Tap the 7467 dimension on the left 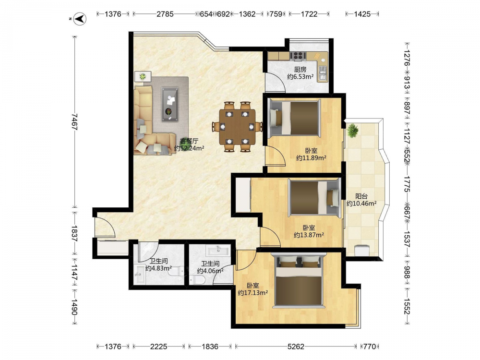click(74, 121)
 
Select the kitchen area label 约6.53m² click(300, 77)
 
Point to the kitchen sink click(323, 74)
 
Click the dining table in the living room click(237, 126)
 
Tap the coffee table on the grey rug click(169, 104)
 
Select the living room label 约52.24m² click(189, 148)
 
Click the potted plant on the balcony click(353, 130)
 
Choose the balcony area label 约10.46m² click(361, 204)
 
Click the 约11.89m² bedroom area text click(311, 158)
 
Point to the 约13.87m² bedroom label click(309, 235)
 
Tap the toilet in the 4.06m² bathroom click(197, 279)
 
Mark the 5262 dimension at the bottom click(296, 347)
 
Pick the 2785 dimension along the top click(165, 14)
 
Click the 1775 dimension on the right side click(407, 184)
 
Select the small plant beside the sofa click(143, 76)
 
